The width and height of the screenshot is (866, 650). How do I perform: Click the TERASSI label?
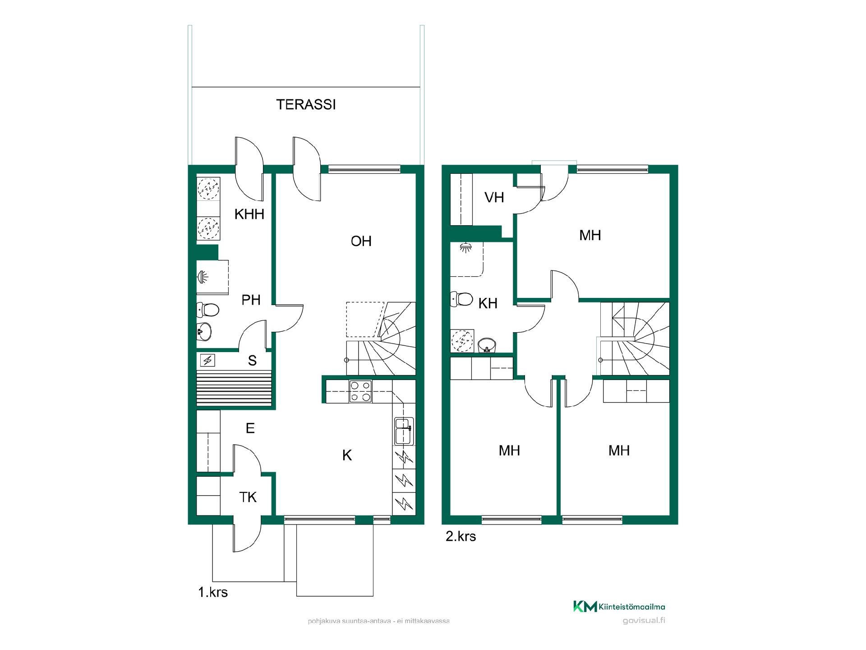pos(306,105)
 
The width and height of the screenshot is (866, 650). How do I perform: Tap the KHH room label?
pos(249,214)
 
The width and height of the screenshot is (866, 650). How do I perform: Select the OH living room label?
pos(361,241)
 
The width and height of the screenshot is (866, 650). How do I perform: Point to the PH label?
pos(251,300)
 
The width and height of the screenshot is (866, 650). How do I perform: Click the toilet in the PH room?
pos(208,310)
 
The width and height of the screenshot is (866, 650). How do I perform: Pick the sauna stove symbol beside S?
pos(208,360)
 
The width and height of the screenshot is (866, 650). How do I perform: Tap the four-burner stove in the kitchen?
pos(361,391)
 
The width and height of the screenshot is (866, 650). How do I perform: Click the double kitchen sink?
pos(404,431)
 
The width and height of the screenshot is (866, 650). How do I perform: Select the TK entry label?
pos(248,497)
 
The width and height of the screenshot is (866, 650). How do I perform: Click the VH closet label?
pos(494,197)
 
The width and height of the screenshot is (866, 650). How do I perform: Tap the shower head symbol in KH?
pos(465,247)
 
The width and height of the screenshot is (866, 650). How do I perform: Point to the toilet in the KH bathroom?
pos(461,299)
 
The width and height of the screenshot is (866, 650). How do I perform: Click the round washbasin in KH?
pos(487,345)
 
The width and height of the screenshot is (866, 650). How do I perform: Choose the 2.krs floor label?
pos(461,536)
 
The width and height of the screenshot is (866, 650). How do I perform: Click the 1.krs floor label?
pos(213,592)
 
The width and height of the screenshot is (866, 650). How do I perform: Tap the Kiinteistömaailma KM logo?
pos(619,607)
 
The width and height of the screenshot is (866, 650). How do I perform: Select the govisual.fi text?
pos(644,620)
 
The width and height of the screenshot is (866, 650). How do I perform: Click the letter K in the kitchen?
pos(347,455)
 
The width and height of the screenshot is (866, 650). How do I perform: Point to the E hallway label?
pos(250,428)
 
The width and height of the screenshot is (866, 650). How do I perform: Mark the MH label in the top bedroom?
pos(590,235)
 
